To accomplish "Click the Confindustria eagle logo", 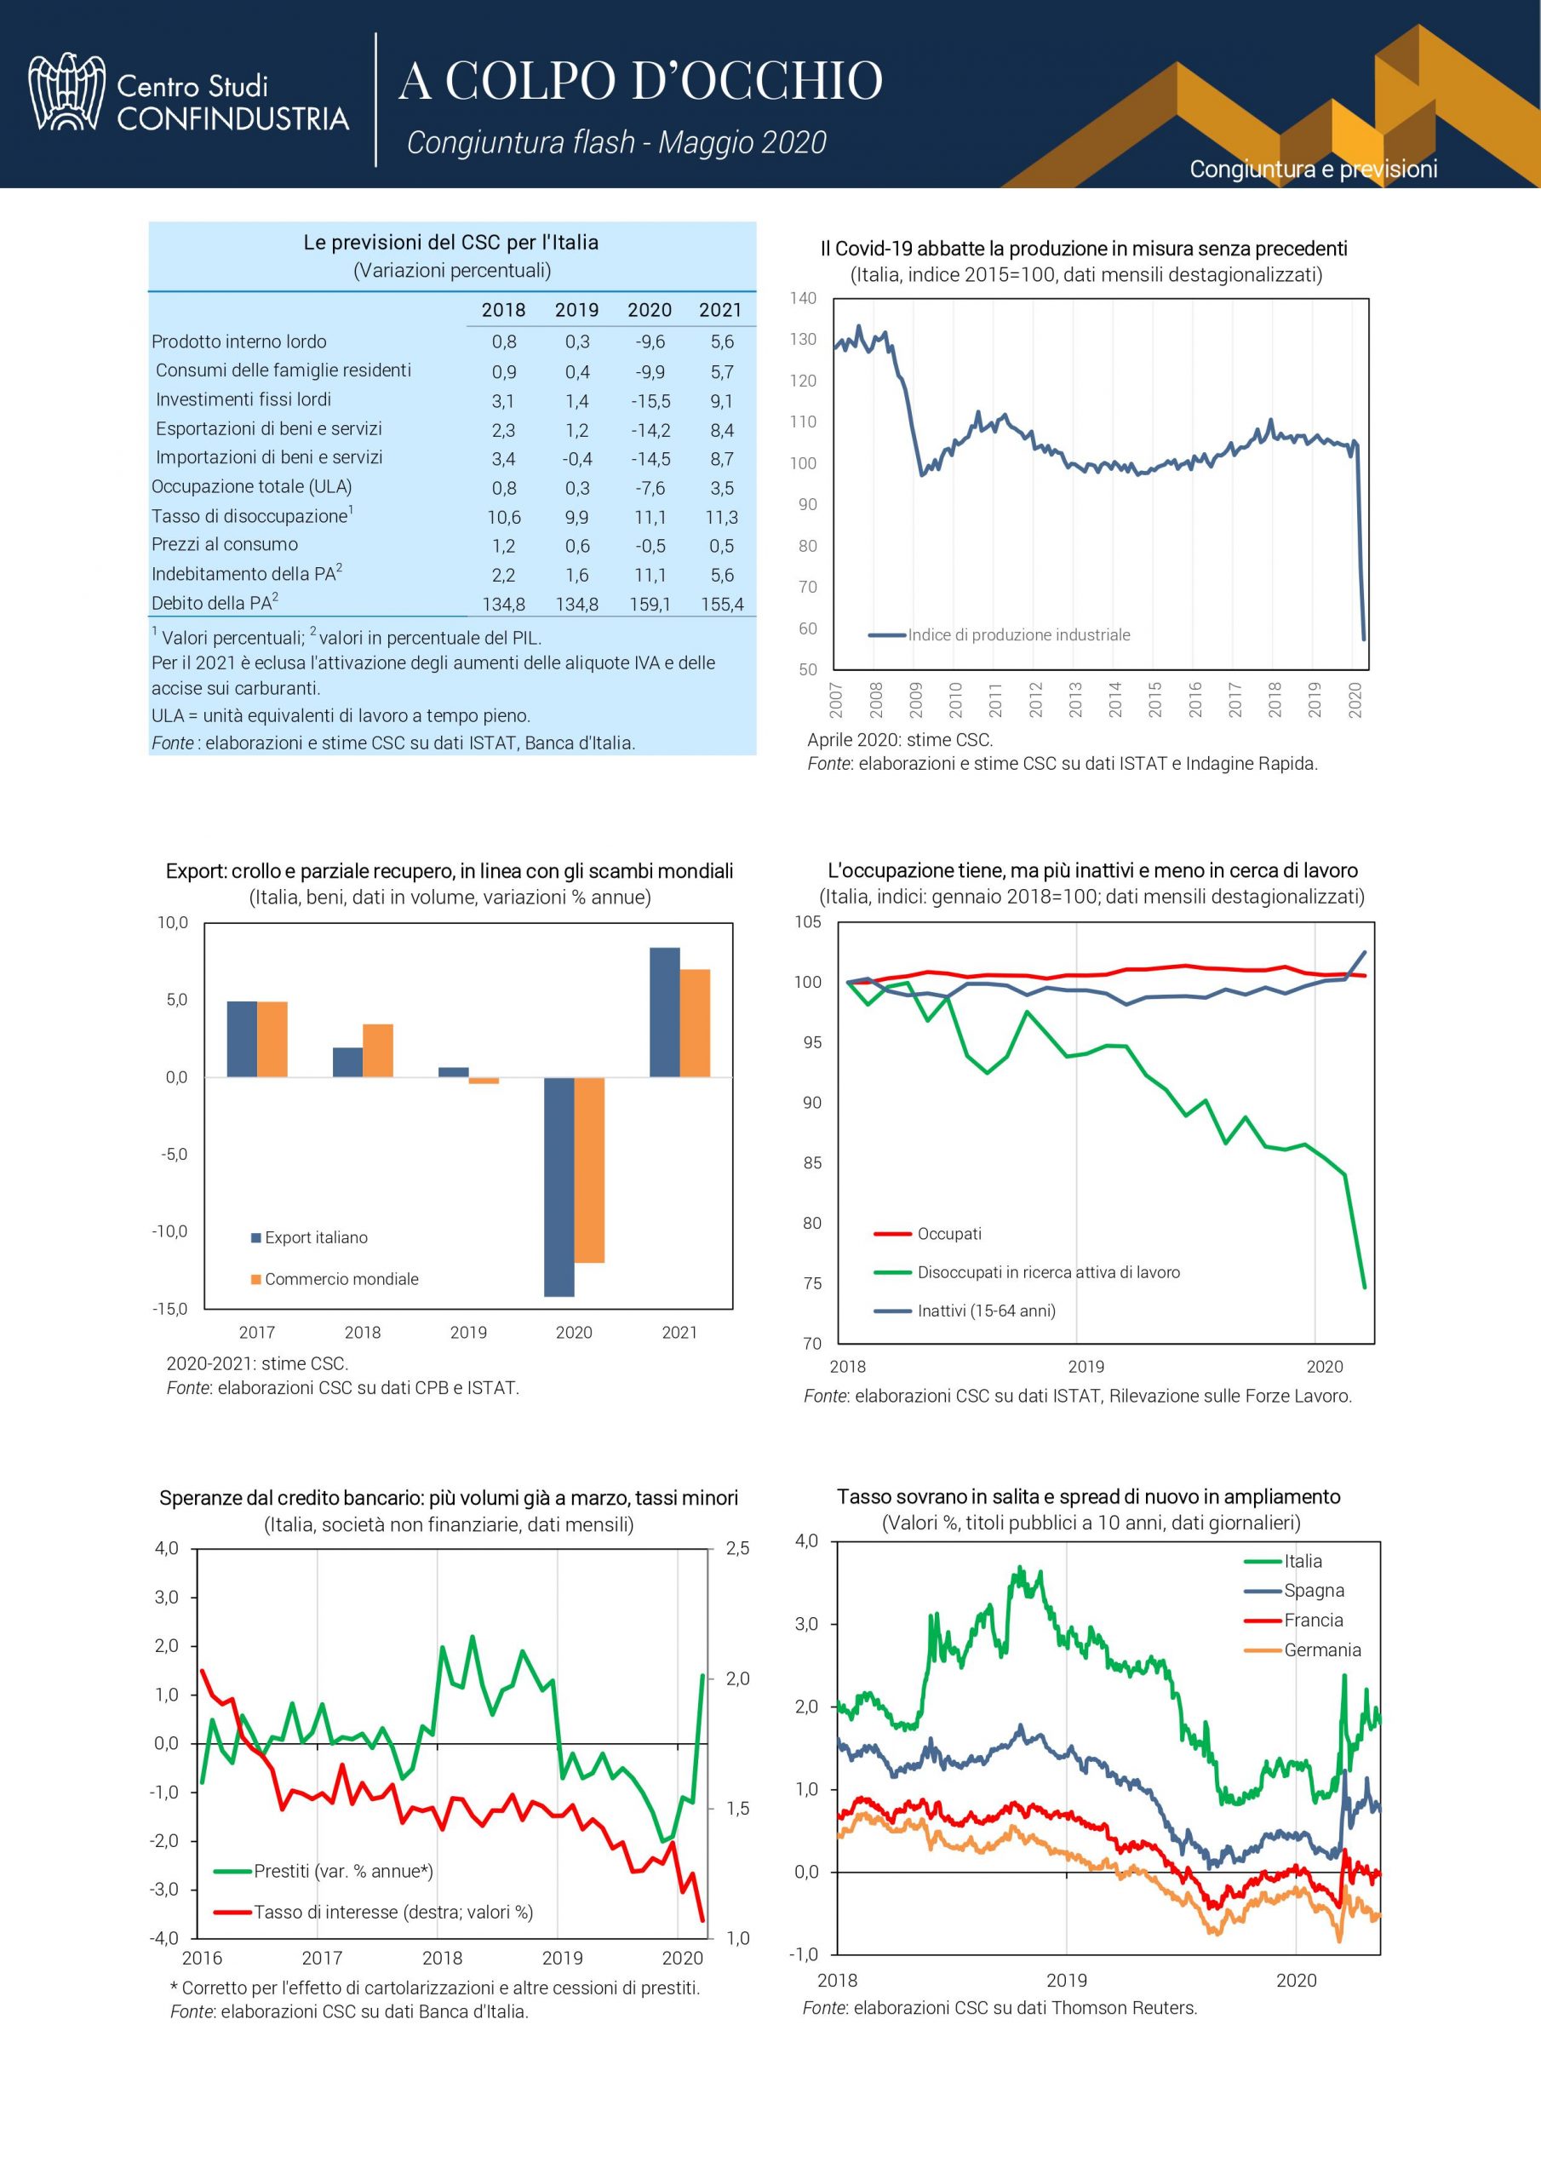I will [x=66, y=92].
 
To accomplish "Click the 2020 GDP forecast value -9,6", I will [x=650, y=341].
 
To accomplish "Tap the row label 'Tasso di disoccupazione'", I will [x=249, y=517].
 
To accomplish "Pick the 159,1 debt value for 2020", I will [x=650, y=604].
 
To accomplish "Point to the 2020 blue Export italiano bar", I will [x=559, y=1186].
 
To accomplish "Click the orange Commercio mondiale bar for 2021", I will [x=694, y=1023].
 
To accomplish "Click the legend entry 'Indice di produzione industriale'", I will [x=1018, y=635].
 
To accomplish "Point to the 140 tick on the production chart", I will [x=803, y=298].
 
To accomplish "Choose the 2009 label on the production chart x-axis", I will [x=916, y=699].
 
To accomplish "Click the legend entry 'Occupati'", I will [x=948, y=1233].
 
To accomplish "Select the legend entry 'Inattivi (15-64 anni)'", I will [x=986, y=1311].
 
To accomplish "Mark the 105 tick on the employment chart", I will [x=808, y=922].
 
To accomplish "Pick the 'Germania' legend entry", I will [x=1321, y=1649].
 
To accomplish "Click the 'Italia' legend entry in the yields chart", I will [x=1303, y=1561].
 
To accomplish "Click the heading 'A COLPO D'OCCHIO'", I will [x=641, y=81].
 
